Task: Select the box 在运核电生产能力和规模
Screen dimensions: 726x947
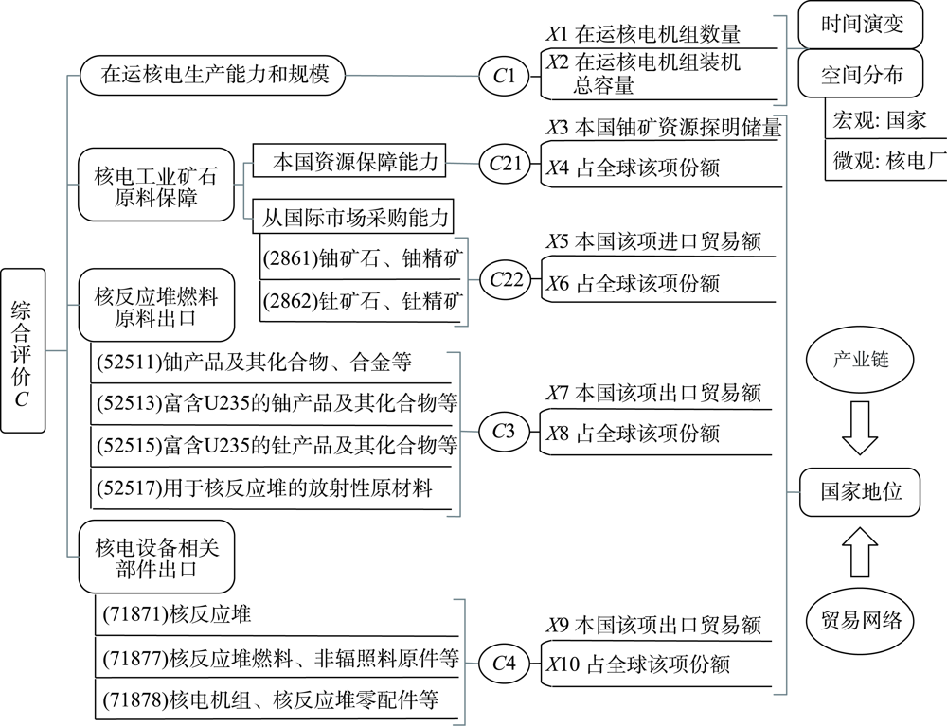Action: click(215, 74)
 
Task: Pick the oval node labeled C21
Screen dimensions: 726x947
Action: click(506, 163)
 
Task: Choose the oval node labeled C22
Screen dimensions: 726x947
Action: click(506, 278)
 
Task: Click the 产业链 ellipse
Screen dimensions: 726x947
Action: click(860, 362)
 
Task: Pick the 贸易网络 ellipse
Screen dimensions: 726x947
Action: click(860, 621)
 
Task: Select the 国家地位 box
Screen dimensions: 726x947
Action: click(860, 491)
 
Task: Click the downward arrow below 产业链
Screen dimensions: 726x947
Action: click(860, 427)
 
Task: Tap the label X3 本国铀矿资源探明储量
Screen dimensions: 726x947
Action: click(663, 128)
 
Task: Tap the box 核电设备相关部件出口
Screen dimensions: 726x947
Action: click(157, 558)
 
